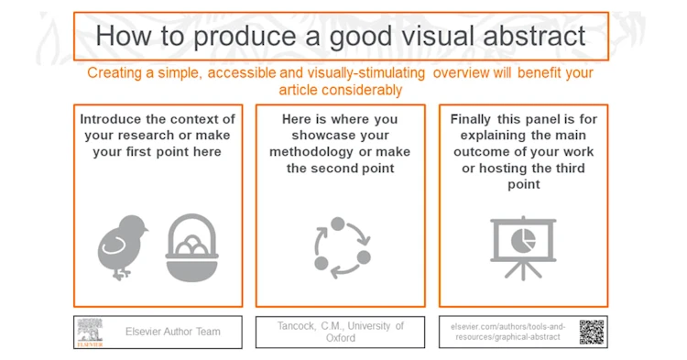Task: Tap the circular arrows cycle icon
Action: (x=341, y=245)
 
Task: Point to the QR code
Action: (x=592, y=332)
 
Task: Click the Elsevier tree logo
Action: (x=90, y=332)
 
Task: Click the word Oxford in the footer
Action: (x=340, y=338)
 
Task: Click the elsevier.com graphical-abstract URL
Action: (x=509, y=332)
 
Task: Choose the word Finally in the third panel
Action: (x=474, y=119)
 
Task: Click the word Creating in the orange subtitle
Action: (x=115, y=73)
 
